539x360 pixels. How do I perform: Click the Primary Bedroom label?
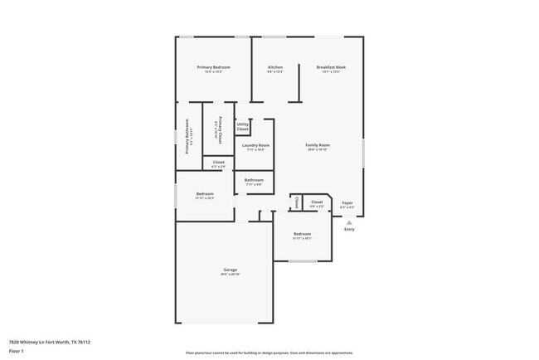213,67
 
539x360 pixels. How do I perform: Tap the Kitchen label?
275,67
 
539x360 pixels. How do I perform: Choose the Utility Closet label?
243,127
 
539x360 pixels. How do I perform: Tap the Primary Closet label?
219,128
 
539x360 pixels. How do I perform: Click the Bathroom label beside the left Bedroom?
254,180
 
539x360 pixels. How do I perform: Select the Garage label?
231,270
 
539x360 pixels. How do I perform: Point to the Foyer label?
348,202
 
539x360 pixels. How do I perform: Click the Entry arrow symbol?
349,222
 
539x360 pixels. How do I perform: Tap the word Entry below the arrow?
349,230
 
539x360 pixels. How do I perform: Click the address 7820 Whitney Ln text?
49,342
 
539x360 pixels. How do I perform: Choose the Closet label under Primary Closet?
218,162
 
